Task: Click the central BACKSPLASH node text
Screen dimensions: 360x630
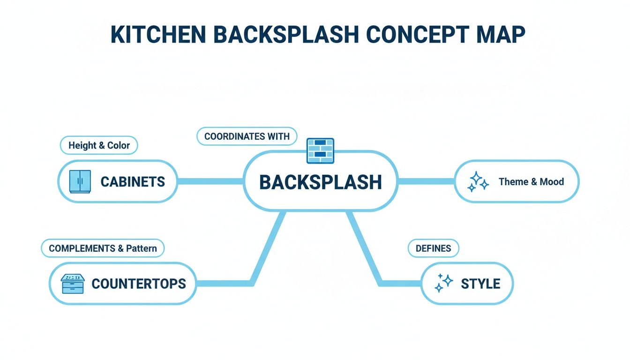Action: (x=321, y=182)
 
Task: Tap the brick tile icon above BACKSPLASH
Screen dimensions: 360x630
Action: (x=320, y=150)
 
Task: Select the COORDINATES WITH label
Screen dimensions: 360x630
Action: (x=247, y=137)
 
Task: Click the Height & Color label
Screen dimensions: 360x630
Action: (x=99, y=145)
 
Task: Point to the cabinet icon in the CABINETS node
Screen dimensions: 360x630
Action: (x=80, y=181)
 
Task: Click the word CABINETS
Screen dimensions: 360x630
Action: (x=133, y=181)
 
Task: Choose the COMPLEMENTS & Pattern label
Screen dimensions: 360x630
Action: (x=103, y=248)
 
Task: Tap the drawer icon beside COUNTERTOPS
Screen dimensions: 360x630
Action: (x=73, y=284)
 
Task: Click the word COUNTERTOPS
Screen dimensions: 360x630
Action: (x=139, y=284)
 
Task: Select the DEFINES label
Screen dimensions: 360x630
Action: (x=433, y=248)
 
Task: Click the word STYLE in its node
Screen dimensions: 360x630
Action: (x=480, y=284)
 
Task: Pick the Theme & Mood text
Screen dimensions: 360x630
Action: (x=531, y=181)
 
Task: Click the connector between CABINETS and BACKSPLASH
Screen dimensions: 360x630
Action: (x=210, y=181)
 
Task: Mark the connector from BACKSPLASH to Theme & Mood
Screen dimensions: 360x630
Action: (x=426, y=181)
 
